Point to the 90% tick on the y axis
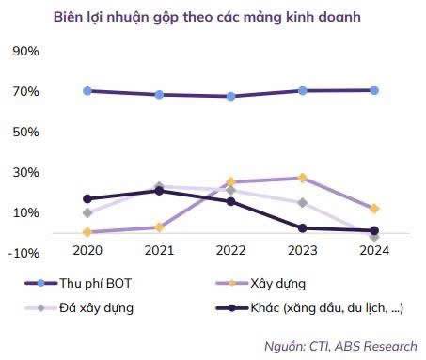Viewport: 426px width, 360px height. click(x=25, y=51)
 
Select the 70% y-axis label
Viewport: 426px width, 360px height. click(x=25, y=91)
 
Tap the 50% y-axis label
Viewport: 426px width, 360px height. click(x=25, y=132)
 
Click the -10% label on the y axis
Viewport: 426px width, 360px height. click(x=24, y=253)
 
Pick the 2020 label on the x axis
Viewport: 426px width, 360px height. click(x=87, y=251)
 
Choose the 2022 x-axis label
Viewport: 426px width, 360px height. click(x=229, y=251)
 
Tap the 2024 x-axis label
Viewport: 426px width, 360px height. click(x=373, y=251)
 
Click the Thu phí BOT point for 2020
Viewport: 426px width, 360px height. click(x=87, y=91)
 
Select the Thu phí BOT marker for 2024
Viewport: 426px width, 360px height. click(x=374, y=90)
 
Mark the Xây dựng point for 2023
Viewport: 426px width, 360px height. click(x=303, y=178)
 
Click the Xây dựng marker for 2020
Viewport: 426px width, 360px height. click(x=87, y=232)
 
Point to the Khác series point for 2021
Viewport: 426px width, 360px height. click(x=159, y=191)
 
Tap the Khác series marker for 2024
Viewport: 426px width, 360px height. click(x=374, y=230)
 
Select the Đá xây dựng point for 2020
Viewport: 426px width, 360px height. click(x=87, y=213)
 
